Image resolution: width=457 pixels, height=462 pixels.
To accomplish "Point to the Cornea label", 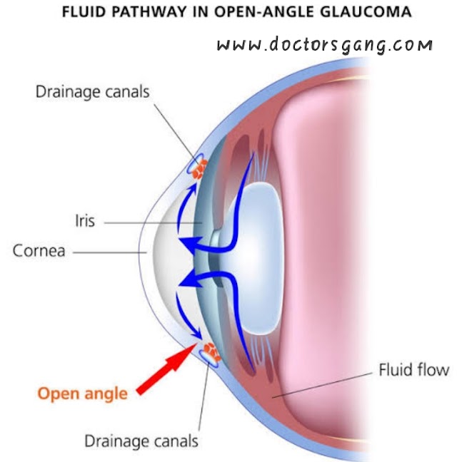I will (39, 251).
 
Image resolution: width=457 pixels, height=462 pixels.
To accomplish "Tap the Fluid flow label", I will (413, 370).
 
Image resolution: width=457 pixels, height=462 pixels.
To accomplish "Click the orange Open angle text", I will (82, 393).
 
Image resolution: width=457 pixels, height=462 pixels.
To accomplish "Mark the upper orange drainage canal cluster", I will (198, 168).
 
